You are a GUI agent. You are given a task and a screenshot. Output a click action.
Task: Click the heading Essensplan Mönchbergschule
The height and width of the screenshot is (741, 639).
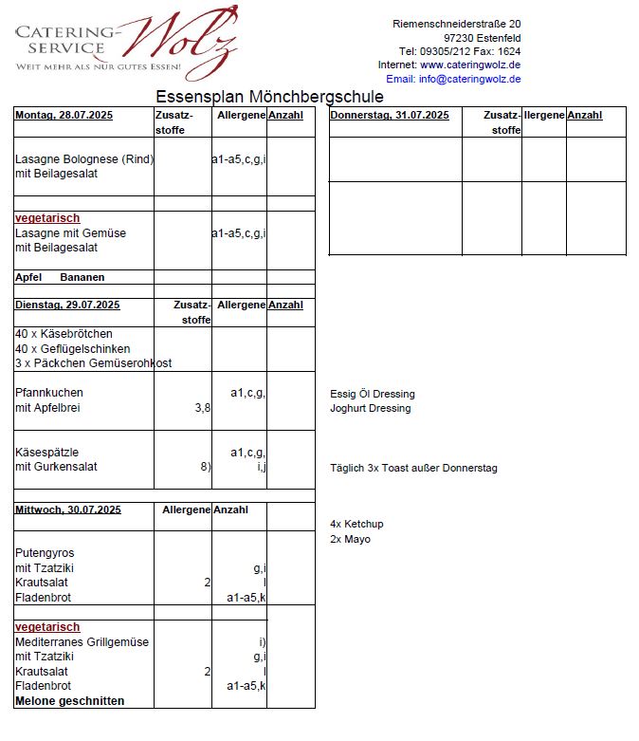269,97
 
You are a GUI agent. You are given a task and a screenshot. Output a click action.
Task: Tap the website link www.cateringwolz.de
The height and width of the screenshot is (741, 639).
470,65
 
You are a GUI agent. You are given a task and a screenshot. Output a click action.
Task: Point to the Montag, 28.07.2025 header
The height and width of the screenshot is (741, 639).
64,116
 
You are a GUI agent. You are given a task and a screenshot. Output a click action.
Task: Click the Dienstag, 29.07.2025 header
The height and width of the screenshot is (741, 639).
67,306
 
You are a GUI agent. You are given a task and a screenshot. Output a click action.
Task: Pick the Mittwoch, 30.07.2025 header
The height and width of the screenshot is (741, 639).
68,510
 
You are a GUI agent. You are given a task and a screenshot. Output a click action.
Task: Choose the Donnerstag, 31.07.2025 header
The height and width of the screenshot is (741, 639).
390,116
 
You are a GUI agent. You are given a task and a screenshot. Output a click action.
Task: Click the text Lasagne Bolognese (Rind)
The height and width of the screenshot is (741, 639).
84,159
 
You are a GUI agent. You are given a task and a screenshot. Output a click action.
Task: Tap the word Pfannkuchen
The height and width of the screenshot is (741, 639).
49,393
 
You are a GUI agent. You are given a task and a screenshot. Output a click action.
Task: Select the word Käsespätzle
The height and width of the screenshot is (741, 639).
47,452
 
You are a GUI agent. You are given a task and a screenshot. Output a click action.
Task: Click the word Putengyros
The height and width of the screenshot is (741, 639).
45,553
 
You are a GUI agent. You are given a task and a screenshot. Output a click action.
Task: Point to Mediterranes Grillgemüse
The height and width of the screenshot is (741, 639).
82,642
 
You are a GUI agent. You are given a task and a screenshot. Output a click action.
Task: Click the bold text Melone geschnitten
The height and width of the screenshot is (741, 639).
69,701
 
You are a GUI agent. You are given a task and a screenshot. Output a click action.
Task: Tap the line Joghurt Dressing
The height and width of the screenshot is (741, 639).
371,409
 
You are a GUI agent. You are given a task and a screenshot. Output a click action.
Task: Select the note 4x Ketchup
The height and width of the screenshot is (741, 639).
356,525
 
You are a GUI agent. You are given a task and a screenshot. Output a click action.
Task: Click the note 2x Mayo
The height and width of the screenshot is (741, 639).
350,540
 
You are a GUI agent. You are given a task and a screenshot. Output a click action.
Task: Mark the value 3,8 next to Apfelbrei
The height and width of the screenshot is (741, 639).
202,408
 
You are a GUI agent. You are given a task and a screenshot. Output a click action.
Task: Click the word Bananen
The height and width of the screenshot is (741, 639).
82,278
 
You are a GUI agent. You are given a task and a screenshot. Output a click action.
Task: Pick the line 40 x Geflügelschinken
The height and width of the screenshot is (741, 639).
73,349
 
